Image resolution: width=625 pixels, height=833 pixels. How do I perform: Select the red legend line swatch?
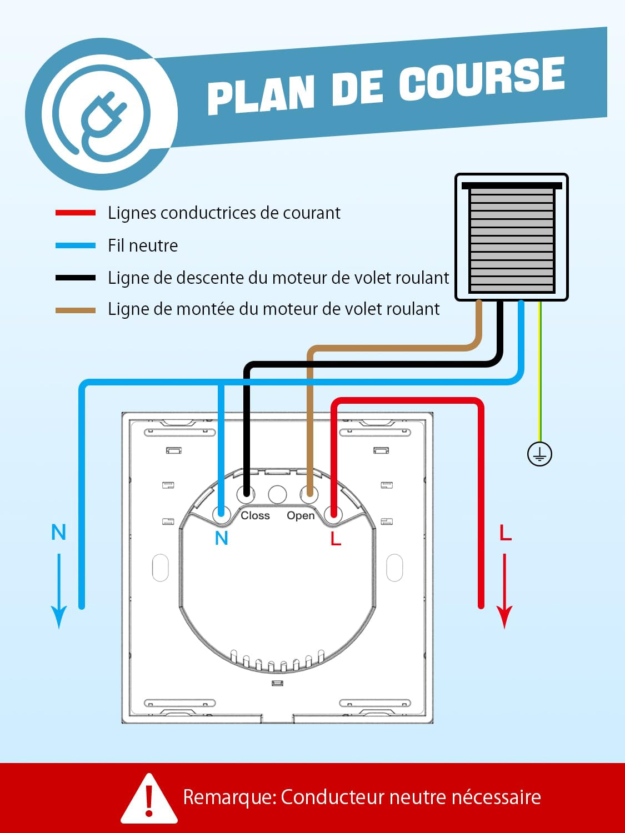point(76,213)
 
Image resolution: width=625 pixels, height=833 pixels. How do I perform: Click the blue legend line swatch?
point(76,245)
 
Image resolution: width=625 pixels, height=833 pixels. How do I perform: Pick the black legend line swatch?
point(76,278)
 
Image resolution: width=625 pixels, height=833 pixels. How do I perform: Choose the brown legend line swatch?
point(76,310)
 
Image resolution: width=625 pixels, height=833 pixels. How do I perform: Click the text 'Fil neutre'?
point(143,245)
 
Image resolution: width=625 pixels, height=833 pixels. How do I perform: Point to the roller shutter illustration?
point(512,238)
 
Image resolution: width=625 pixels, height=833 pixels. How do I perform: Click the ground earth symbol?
point(539,454)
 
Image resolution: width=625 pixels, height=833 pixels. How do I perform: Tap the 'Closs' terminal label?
point(255,515)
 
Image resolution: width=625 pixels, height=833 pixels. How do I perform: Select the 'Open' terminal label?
point(301,515)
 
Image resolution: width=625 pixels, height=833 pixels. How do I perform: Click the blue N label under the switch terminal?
point(222,538)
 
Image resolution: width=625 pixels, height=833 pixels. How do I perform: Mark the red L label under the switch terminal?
point(336,538)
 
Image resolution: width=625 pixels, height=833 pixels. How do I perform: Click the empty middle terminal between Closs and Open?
point(277,494)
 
